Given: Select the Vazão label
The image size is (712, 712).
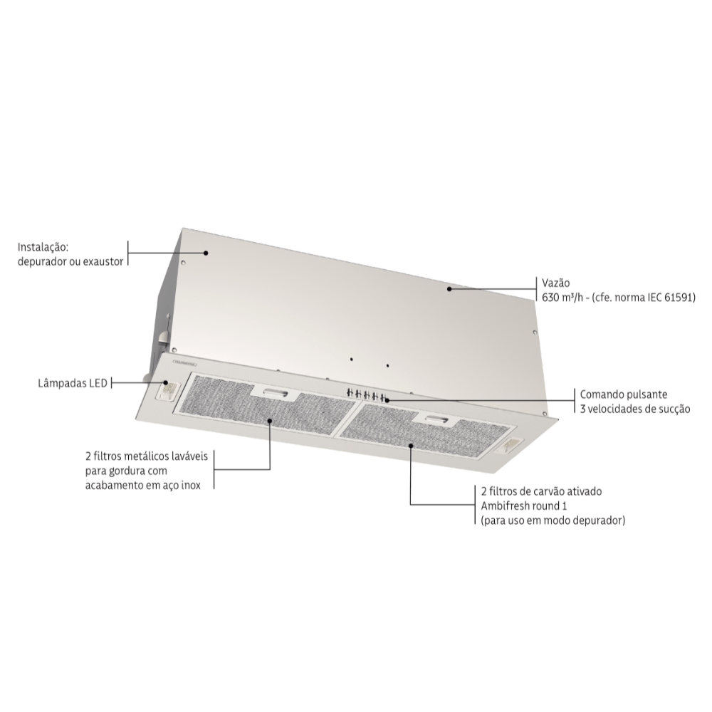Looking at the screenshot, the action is pyautogui.click(x=556, y=283).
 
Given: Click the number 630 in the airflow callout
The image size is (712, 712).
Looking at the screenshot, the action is pyautogui.click(x=550, y=298).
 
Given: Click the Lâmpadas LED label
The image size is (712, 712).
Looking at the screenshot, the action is pyautogui.click(x=73, y=383).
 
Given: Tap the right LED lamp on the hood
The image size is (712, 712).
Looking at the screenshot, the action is pyautogui.click(x=506, y=446).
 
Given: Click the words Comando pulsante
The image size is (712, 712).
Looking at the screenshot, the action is pyautogui.click(x=624, y=394).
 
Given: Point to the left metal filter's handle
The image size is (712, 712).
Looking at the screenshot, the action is pyautogui.click(x=274, y=393).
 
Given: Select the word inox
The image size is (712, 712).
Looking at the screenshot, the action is pyautogui.click(x=191, y=486).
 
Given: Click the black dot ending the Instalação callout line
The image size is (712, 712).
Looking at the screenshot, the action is pyautogui.click(x=206, y=253).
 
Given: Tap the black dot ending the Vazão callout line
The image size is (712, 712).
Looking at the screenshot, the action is pyautogui.click(x=449, y=289).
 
